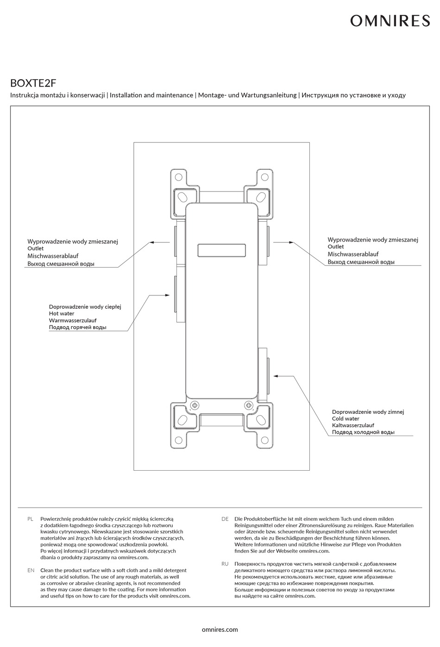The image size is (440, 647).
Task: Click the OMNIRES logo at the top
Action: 390,21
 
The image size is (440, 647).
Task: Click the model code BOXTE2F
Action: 33,83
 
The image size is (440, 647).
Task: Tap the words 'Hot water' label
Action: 62,314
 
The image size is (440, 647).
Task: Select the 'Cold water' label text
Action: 346,419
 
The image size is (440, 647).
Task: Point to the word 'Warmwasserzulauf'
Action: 73,320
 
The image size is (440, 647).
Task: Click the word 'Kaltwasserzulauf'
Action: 353,425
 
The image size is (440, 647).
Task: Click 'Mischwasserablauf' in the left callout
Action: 53,256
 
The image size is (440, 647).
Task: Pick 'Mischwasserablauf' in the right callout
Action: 353,254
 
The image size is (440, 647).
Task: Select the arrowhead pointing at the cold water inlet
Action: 276,376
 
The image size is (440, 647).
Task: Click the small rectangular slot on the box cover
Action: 221,250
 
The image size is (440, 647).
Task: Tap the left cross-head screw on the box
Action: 195,405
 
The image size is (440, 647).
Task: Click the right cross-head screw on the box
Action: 249,405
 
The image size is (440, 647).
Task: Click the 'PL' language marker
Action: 31,519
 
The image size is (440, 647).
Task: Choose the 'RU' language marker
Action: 225,564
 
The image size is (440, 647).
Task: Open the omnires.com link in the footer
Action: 220,629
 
